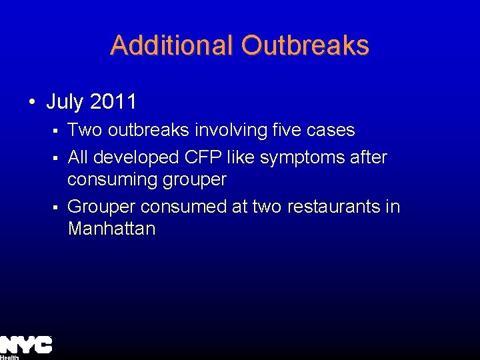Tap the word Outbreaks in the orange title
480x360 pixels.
click(305, 45)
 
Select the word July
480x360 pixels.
click(65, 102)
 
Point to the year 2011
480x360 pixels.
click(113, 102)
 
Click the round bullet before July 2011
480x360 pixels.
click(32, 103)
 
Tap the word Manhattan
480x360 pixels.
click(111, 229)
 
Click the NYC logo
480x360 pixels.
click(26, 345)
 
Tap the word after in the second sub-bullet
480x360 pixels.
click(369, 157)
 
